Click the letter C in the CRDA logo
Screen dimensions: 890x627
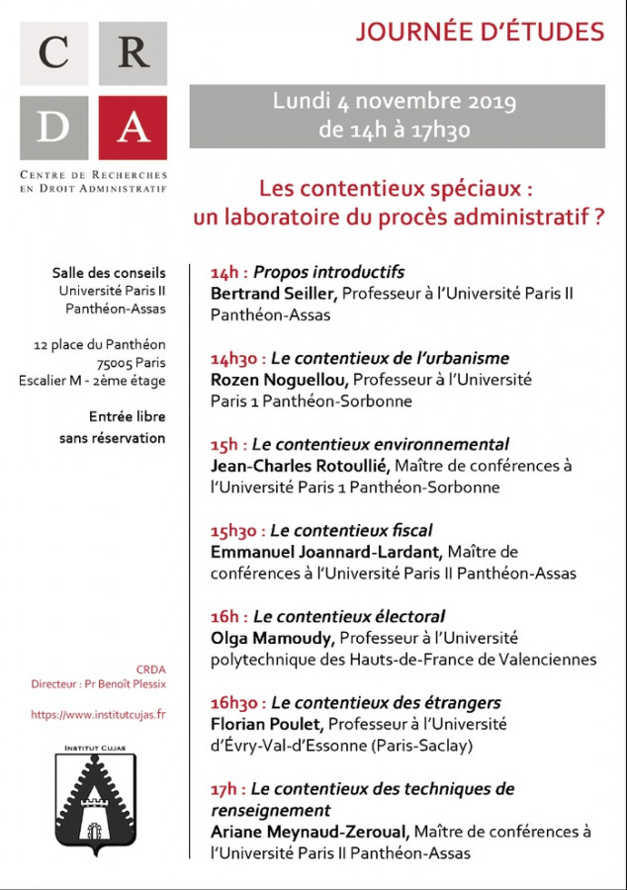54,52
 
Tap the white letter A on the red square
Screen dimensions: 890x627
133,127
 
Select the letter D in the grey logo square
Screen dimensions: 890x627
54,127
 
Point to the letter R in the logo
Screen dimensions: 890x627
133,52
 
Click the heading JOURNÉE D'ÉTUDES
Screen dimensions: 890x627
480,32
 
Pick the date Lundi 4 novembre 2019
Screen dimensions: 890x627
395,102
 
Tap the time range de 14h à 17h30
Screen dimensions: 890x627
395,129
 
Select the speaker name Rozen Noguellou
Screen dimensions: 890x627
279,379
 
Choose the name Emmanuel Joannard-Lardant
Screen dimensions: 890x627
323,552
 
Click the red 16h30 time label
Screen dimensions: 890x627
237,703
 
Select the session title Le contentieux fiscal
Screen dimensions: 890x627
351,530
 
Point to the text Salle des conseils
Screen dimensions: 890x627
109,273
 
